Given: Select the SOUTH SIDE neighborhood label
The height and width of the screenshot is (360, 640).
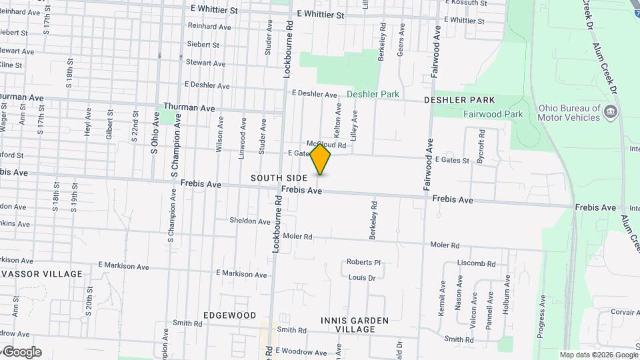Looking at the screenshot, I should (x=279, y=178).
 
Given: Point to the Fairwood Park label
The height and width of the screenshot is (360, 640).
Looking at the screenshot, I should (x=493, y=114).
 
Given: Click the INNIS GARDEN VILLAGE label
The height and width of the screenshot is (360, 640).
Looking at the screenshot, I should (x=354, y=325).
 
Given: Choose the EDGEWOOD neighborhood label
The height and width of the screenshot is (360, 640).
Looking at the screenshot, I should (x=229, y=315).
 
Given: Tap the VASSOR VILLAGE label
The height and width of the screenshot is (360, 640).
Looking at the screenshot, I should (x=41, y=274).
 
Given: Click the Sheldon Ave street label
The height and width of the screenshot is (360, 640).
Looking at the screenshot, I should (x=249, y=221).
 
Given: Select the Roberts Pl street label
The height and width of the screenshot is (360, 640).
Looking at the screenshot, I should (x=363, y=263).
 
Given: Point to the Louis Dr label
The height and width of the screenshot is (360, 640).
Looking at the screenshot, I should (x=362, y=277).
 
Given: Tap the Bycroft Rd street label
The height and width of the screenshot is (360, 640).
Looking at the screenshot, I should (x=481, y=143).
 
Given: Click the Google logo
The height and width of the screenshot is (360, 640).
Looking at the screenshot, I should (x=21, y=352).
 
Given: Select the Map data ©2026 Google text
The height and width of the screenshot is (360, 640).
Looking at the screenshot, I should (x=599, y=355).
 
